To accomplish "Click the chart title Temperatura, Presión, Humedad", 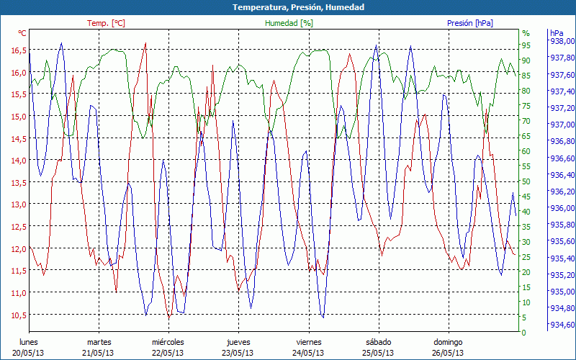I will [x=288, y=7].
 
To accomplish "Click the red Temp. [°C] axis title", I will [x=106, y=23].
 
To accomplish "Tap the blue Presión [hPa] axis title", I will [x=469, y=23].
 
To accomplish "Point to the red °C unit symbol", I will [x=22, y=33].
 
